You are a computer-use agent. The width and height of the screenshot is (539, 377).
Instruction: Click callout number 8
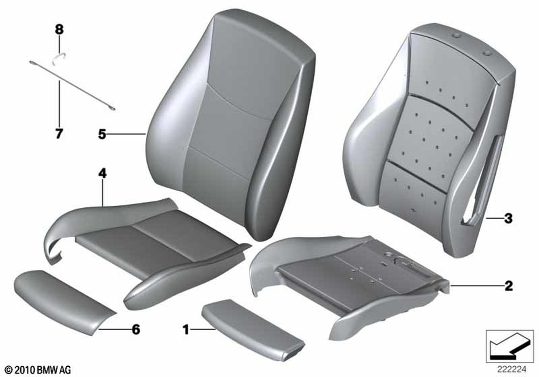click(x=59, y=30)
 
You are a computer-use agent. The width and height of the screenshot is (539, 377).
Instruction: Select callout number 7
click(x=59, y=133)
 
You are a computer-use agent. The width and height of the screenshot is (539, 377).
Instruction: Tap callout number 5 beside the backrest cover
click(x=102, y=134)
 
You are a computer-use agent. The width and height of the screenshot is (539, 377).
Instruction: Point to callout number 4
click(x=102, y=174)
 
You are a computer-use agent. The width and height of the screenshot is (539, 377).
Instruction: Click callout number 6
click(x=136, y=330)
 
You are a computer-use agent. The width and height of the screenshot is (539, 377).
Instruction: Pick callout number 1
click(x=186, y=330)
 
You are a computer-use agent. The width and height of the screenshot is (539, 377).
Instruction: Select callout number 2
click(x=508, y=286)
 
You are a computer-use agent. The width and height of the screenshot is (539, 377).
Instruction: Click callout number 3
click(x=508, y=218)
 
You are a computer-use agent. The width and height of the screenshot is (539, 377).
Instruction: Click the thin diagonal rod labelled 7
click(x=72, y=86)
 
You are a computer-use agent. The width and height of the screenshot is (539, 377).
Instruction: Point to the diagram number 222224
click(x=512, y=369)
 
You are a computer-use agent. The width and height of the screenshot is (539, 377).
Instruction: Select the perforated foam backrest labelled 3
click(x=430, y=137)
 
